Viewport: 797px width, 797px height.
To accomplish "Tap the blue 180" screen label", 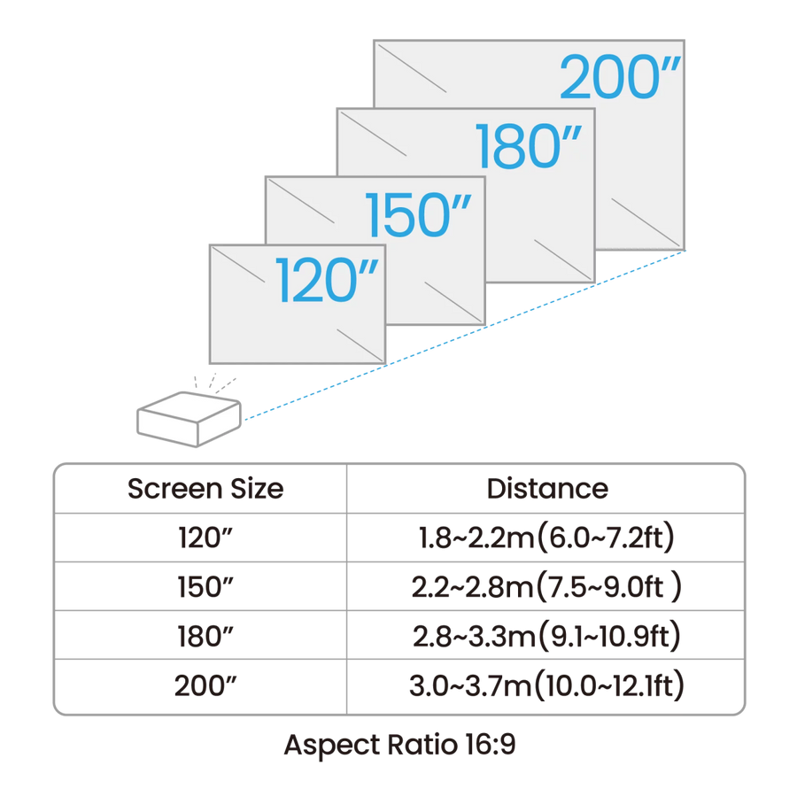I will pos(529,146).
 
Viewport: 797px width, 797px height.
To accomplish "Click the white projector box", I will pos(187,418).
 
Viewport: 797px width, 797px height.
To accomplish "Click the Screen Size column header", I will pos(205,488).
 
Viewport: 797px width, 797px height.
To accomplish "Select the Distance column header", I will pos(546,488).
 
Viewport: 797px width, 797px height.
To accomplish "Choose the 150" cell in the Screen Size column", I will pos(205,589).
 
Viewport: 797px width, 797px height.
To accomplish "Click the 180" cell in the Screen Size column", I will pos(205,638).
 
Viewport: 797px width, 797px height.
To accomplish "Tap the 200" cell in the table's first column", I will pos(205,687).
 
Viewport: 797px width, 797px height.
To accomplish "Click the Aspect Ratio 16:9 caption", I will pos(398,745).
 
